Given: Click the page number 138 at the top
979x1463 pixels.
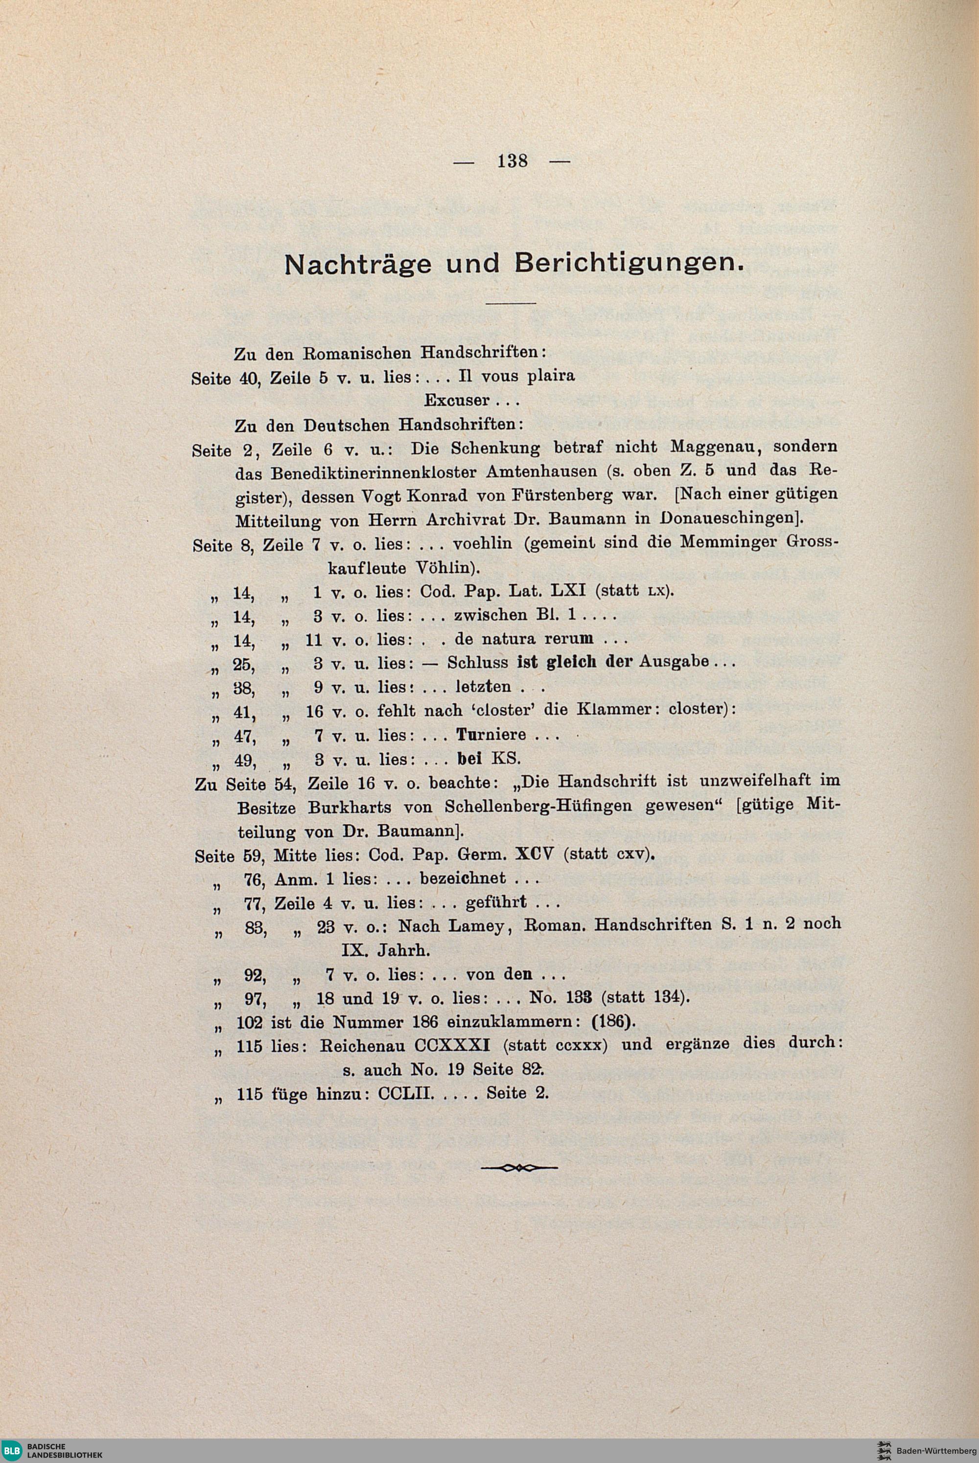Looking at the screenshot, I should coord(512,161).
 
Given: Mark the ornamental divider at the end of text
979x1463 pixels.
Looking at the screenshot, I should coord(519,1167).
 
